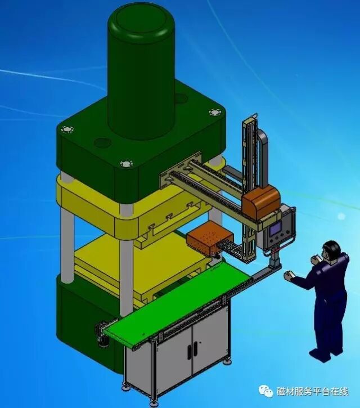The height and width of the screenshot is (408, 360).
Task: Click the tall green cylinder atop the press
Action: (x=141, y=70)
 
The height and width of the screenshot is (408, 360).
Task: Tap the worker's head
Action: (x=331, y=250)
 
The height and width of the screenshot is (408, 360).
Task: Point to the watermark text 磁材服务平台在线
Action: (x=312, y=392)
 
